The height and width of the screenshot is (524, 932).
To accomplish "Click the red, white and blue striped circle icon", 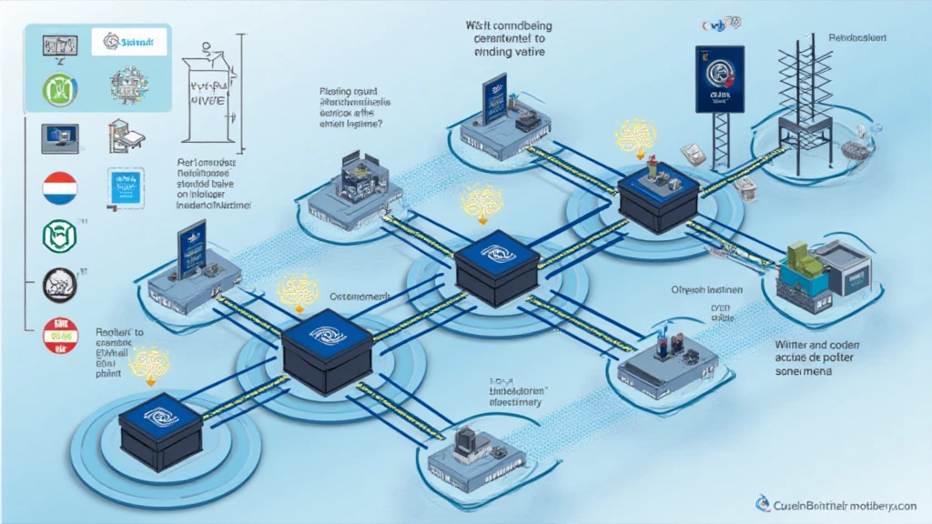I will (59, 188).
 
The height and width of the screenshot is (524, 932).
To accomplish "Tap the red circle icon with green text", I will (61, 335).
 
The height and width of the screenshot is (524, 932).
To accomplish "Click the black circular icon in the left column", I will (60, 284).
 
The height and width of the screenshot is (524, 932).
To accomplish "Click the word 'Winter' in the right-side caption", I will (794, 345).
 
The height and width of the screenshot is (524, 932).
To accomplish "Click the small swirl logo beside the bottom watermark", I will (761, 502).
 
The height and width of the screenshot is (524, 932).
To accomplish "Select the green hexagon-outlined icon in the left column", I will (59, 237).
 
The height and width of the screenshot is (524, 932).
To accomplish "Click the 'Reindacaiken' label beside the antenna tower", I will (858, 39).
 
